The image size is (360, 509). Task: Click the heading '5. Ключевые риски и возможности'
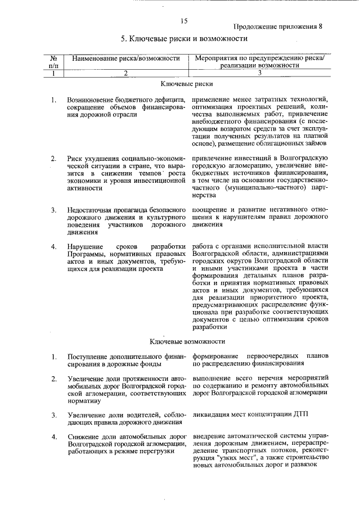click(x=184, y=39)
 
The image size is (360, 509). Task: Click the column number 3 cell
click(x=260, y=73)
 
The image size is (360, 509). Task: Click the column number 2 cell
click(x=126, y=73)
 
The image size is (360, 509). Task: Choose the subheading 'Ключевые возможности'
click(x=187, y=341)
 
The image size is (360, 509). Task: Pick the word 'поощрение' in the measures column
click(x=210, y=210)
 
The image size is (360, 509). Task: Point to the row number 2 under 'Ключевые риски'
click(x=53, y=159)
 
